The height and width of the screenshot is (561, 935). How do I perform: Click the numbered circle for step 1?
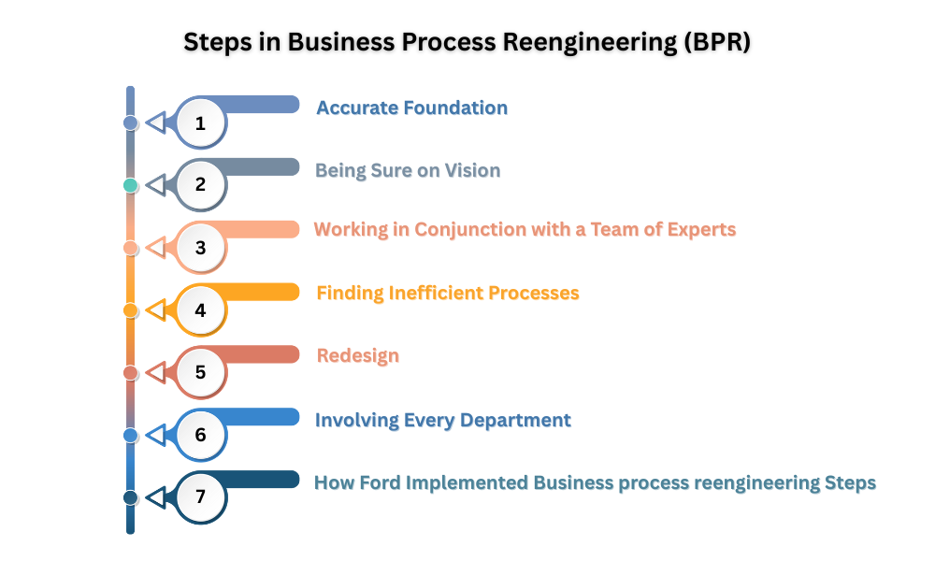coord(201,122)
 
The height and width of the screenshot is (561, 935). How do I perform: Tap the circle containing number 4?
coord(201,309)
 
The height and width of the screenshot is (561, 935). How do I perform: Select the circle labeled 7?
coord(201,497)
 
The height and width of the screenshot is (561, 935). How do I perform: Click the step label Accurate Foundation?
coord(411,108)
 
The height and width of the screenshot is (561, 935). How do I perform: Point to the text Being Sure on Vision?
coord(408,170)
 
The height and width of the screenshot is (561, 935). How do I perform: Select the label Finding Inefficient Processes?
coord(448,293)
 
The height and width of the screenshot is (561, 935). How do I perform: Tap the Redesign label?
coord(358,355)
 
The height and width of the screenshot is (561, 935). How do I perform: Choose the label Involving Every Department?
coord(443,420)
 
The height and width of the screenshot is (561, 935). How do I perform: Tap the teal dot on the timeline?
coord(131,185)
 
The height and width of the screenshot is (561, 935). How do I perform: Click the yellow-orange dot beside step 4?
coord(131,309)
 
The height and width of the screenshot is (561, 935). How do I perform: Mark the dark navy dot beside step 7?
coord(131,497)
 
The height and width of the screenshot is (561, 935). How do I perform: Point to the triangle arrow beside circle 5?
coord(156,372)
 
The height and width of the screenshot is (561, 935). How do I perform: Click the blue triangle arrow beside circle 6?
coord(156,435)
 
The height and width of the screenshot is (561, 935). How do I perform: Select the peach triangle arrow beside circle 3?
coord(156,248)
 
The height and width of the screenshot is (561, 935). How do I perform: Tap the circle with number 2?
coord(201,184)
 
